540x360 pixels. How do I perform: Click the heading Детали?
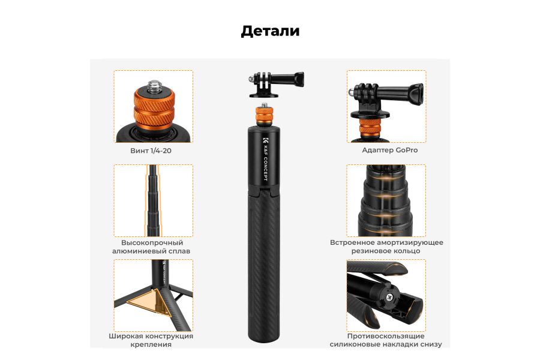pyautogui.click(x=270, y=31)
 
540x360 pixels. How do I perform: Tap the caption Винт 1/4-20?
pyautogui.click(x=151, y=151)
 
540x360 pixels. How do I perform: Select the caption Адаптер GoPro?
pyautogui.click(x=389, y=150)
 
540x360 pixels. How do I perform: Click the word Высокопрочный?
pyautogui.click(x=152, y=242)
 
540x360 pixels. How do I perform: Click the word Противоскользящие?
pyautogui.click(x=386, y=336)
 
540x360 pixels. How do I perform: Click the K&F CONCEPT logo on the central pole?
pyautogui.click(x=265, y=159)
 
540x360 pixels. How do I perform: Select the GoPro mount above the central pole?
pyautogui.click(x=277, y=85)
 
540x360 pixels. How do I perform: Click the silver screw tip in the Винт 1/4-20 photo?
pyautogui.click(x=154, y=86)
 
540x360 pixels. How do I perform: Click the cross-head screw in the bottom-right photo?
pyautogui.click(x=391, y=297)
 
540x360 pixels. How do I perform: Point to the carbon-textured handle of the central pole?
pyautogui.click(x=264, y=262)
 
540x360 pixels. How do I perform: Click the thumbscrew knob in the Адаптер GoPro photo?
pyautogui.click(x=416, y=94)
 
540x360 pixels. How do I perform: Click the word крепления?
pyautogui.click(x=151, y=344)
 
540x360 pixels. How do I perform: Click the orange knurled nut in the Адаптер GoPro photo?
pyautogui.click(x=370, y=128)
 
